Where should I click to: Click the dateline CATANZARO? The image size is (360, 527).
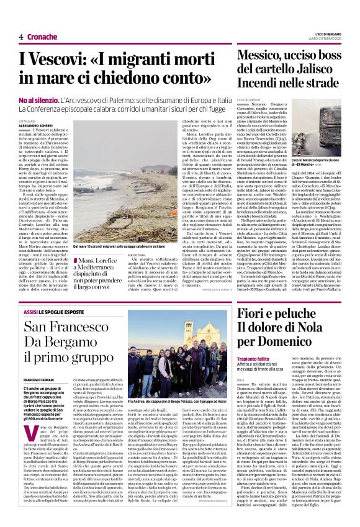(x=29, y=120)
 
